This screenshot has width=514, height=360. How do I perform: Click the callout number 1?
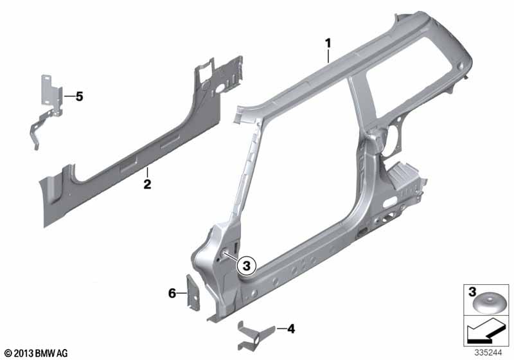tap(328, 44)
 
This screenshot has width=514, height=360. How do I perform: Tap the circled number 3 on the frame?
tap(247, 264)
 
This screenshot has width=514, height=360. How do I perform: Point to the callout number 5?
tap(79, 97)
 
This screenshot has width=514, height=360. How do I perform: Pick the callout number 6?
tap(172, 292)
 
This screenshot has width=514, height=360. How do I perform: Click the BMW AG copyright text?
tap(36, 353)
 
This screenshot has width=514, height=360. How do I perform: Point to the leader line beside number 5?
tap(67, 97)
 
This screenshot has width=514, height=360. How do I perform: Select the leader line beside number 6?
tap(182, 293)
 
